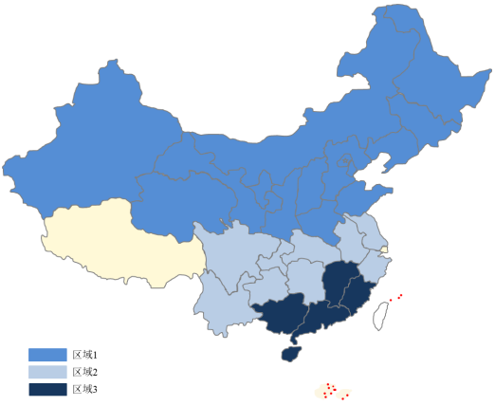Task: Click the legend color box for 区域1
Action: pyautogui.click(x=47, y=354)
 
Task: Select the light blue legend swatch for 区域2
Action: pyautogui.click(x=47, y=372)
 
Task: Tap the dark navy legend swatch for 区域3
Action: pyautogui.click(x=47, y=389)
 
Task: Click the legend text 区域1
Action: pyautogui.click(x=85, y=354)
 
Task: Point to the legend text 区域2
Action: pyautogui.click(x=85, y=372)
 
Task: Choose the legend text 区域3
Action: pyautogui.click(x=85, y=389)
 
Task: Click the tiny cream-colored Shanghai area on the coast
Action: pyautogui.click(x=384, y=250)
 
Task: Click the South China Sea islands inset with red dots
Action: pyautogui.click(x=332, y=391)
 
